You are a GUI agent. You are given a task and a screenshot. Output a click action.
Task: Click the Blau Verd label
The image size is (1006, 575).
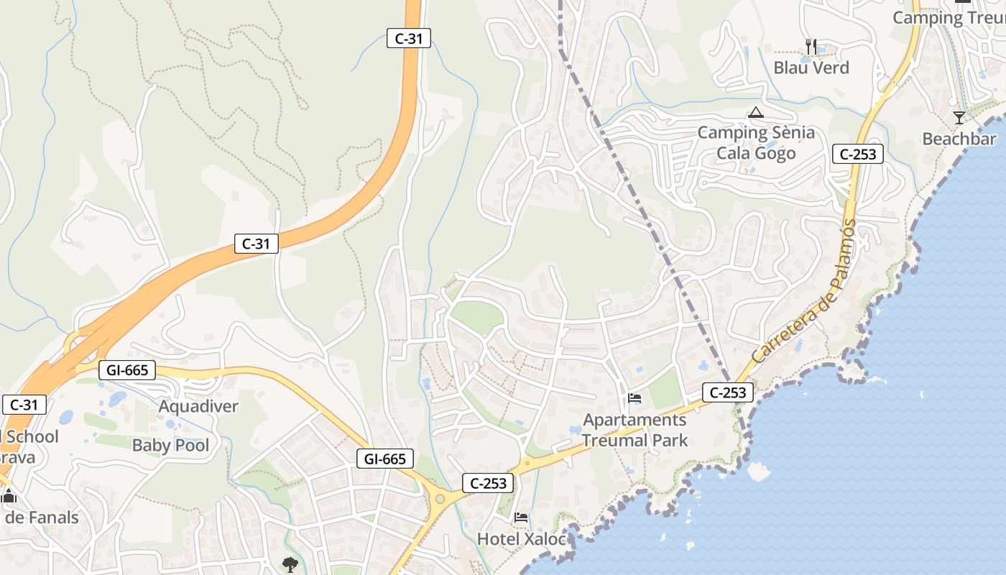click(811, 68)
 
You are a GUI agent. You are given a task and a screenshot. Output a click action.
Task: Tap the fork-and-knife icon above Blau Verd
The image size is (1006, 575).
click(811, 46)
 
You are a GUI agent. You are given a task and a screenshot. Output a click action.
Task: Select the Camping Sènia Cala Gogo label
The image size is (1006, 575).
click(756, 142)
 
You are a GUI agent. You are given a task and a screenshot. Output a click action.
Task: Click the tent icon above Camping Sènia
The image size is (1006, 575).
click(755, 112)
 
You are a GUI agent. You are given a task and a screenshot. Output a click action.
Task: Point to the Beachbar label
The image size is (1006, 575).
click(959, 139)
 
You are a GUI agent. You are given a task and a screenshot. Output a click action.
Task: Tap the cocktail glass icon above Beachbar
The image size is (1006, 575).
click(959, 118)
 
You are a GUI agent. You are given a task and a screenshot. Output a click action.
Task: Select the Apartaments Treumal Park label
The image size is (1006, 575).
click(634, 430)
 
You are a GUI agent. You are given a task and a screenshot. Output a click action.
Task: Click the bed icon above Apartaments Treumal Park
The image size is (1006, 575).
click(634, 397)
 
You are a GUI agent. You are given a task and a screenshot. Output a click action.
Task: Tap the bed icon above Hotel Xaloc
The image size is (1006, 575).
click(521, 517)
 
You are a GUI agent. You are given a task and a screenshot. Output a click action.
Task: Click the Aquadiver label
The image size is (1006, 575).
click(198, 406)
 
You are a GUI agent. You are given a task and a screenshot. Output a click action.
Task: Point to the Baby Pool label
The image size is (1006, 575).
click(171, 446)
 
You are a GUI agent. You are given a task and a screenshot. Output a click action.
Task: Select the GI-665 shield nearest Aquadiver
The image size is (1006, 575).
click(127, 370)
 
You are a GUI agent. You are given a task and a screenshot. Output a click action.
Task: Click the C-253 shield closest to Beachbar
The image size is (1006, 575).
click(857, 153)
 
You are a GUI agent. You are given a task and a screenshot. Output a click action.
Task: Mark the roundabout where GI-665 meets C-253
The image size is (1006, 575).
click(439, 499)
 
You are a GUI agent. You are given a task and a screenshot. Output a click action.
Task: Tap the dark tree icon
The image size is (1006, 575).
click(290, 564)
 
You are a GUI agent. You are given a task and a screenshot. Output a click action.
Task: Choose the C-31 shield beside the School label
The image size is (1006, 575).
click(24, 405)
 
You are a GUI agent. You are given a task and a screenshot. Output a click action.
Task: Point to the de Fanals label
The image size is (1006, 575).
click(40, 517)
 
